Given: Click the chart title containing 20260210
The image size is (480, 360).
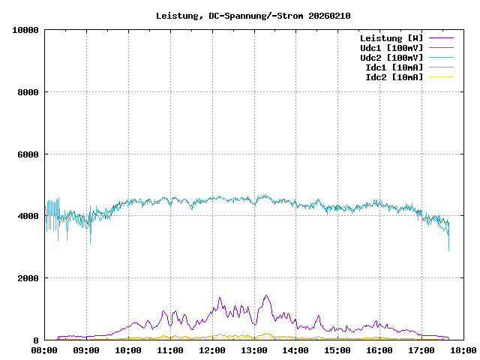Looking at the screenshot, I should coord(253,15).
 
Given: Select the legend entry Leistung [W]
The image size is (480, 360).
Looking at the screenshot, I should coord(391,37).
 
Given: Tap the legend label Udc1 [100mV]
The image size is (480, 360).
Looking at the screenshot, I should coord(391,47).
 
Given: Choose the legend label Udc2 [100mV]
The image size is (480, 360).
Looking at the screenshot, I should coord(391,57).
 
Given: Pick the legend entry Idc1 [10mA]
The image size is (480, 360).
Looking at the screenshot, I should coord(394,67).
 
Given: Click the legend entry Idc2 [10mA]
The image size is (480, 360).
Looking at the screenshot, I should coord(394,76).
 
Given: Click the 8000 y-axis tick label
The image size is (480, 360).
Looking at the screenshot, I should coord(28,92).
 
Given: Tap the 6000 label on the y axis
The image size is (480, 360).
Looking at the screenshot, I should coord(28,154).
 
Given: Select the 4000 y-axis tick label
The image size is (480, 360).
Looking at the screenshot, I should coord(28,216).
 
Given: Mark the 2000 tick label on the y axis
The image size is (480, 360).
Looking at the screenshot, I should coord(28,278).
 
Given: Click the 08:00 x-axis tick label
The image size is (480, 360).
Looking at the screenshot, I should coord(44,349).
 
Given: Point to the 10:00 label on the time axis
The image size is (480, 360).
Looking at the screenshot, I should coord(128,349).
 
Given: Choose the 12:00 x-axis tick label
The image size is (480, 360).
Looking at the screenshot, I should coord(212,349).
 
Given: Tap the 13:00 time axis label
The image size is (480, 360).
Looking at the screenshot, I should coord(254,349).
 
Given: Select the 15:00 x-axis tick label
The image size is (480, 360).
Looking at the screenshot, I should coord(337,349).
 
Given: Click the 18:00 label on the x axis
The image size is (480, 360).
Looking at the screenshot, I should coord(463,349).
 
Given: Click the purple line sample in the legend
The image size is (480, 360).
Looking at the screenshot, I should coord(441,37).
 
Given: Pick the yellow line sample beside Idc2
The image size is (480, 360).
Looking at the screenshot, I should coord(441,76).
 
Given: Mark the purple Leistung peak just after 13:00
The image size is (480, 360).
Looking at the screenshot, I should coord(265,295).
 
